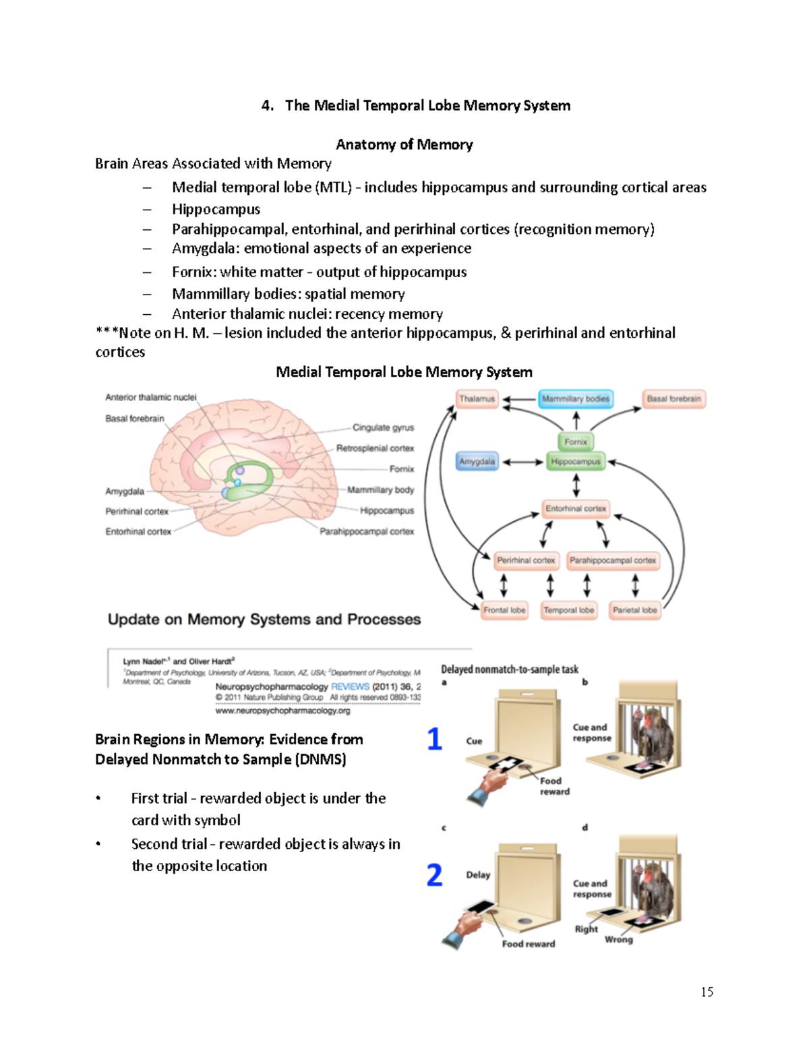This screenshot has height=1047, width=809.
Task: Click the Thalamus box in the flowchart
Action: click(x=477, y=399)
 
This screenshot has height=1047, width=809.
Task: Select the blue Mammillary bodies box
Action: click(x=576, y=399)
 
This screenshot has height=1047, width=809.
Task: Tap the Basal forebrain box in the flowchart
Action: click(x=673, y=399)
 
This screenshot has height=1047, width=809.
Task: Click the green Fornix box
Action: click(x=576, y=442)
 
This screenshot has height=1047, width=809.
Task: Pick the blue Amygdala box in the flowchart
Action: click(x=477, y=462)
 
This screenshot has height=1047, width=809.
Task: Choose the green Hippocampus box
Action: click(x=576, y=462)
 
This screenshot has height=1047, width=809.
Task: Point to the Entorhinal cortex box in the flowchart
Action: click(x=576, y=509)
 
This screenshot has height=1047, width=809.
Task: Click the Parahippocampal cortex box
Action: click(x=612, y=560)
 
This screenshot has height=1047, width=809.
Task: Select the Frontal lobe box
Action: click(x=504, y=610)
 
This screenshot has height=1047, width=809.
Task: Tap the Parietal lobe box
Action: click(x=634, y=610)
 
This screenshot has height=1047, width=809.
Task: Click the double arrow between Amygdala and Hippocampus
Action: click(x=522, y=462)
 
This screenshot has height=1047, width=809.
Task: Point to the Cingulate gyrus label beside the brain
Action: click(x=383, y=427)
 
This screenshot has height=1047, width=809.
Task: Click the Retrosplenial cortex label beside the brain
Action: click(x=375, y=448)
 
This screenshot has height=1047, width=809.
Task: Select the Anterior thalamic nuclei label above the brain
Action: click(x=151, y=398)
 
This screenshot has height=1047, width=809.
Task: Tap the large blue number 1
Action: click(x=435, y=739)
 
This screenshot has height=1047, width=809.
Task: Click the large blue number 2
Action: click(x=435, y=875)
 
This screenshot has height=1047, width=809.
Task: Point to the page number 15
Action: click(x=707, y=992)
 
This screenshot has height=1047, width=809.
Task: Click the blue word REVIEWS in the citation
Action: click(x=350, y=686)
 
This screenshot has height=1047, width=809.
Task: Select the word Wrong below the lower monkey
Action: click(x=619, y=939)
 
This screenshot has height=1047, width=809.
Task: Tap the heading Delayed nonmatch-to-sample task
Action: click(x=510, y=669)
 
